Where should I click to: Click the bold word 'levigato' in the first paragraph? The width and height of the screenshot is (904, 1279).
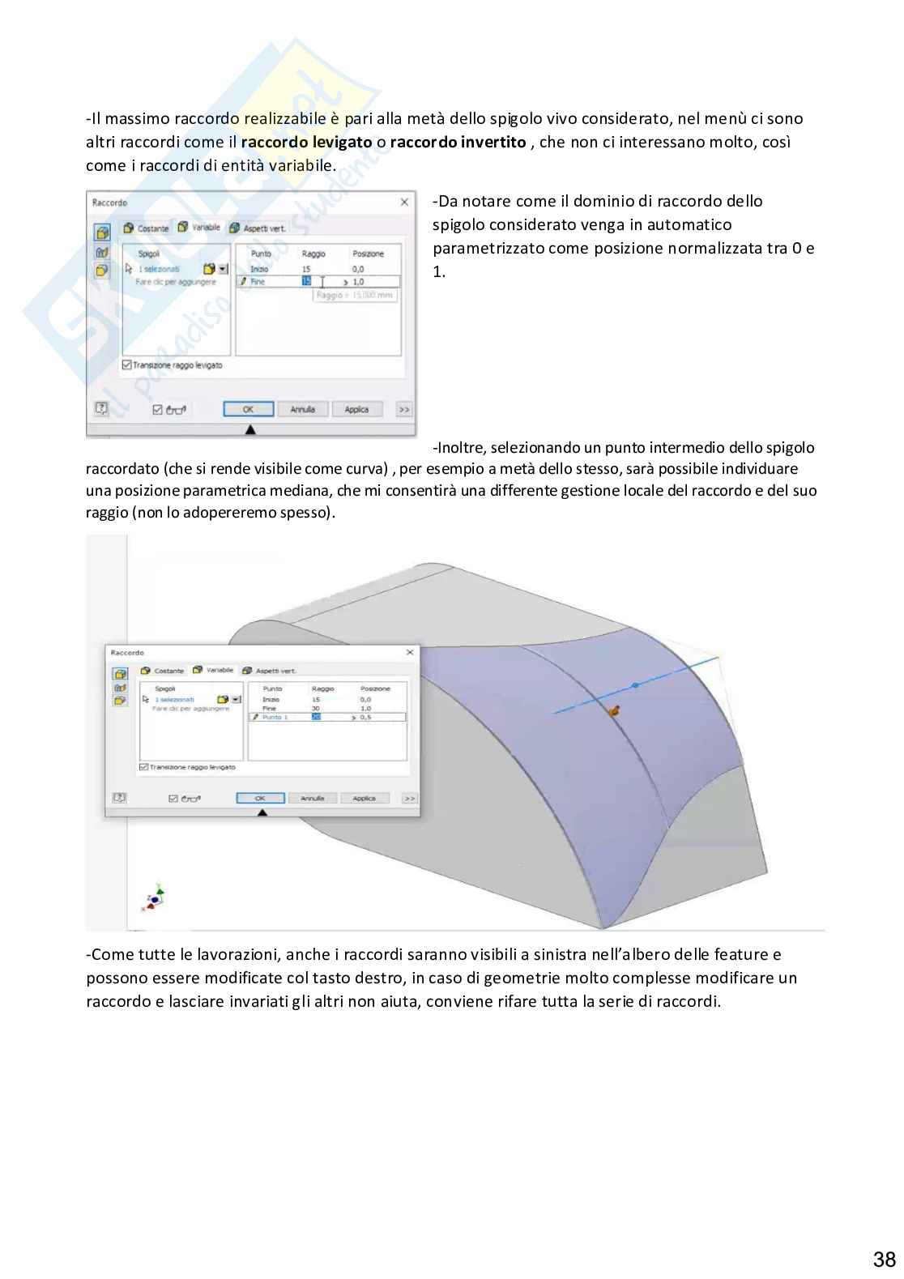point(342,143)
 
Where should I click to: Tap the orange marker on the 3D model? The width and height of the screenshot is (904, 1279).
point(614,712)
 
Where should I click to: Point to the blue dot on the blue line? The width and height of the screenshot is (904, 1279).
point(634,685)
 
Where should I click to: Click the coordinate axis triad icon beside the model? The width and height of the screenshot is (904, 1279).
point(155,897)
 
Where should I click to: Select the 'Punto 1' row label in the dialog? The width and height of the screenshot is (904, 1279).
point(275,718)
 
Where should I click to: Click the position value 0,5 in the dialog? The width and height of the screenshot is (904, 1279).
point(366,718)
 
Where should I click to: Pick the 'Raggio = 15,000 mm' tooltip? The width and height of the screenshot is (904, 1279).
point(355,296)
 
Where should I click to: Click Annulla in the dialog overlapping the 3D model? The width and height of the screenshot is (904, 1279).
point(313,799)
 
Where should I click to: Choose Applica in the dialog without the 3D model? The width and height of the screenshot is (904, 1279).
point(356,410)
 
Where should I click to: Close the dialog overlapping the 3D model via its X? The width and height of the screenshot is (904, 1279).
point(409,652)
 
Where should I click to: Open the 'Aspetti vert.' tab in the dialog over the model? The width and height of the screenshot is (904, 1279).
point(275,671)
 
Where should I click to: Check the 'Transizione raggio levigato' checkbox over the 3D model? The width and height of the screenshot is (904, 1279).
point(144,767)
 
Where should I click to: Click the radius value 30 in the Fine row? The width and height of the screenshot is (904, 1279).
point(315,709)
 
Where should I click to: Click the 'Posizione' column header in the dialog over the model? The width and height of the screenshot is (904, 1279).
point(375,689)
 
